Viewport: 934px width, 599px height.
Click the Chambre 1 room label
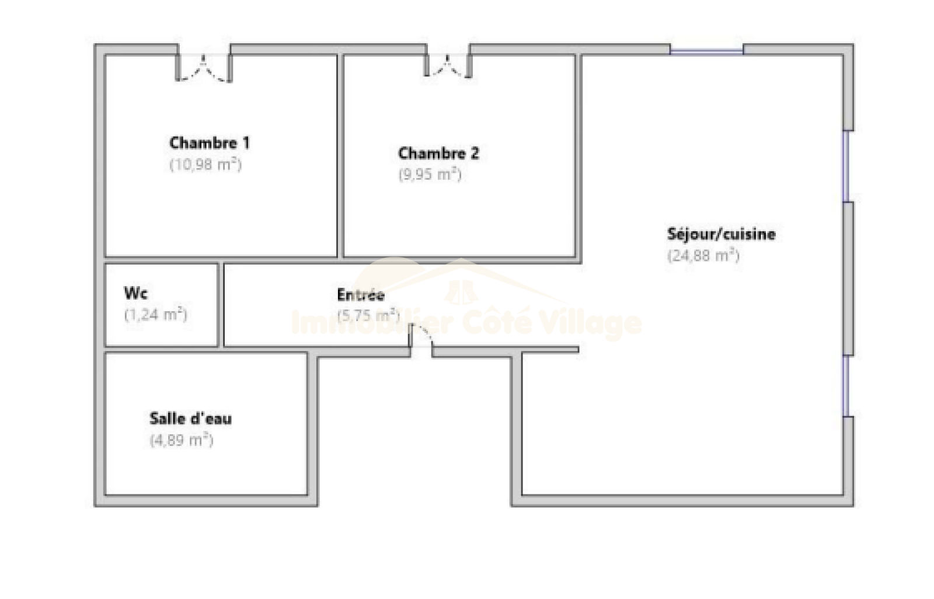[209, 142]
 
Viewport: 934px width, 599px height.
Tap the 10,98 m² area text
[205, 164]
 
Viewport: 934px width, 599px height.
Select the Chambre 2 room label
[438, 153]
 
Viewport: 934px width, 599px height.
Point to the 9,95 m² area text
[430, 174]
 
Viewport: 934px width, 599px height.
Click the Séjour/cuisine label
[722, 234]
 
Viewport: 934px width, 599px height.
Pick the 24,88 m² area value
[703, 256]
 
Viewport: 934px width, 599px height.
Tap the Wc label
[135, 292]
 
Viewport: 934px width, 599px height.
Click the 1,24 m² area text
[155, 315]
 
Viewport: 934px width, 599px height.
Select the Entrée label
[361, 295]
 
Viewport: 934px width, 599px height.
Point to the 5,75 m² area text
[368, 316]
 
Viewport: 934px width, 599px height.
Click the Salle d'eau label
[190, 419]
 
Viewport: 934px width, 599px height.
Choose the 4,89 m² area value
[182, 440]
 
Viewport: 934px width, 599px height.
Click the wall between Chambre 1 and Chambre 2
[340, 155]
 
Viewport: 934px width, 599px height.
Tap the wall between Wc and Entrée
[221, 305]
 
